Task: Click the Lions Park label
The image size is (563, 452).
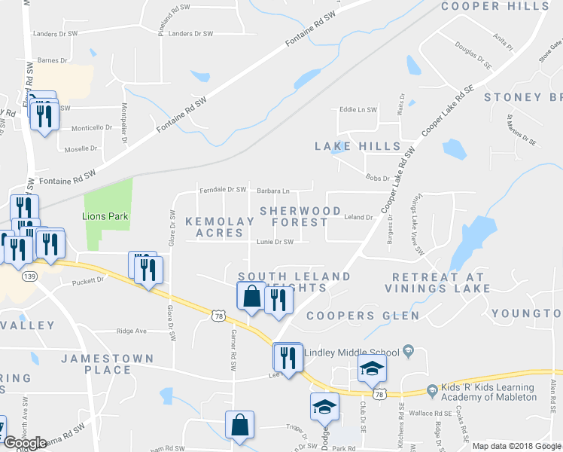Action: (x=105, y=217)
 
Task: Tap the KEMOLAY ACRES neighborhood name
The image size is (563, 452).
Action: (x=219, y=227)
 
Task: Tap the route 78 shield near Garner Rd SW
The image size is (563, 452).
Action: (x=218, y=317)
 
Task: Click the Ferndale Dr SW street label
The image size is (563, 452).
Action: (x=224, y=190)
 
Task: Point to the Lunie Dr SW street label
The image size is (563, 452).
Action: (x=274, y=242)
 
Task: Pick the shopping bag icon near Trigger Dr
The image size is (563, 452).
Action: (x=240, y=424)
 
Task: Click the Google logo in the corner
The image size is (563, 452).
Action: (x=25, y=443)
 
